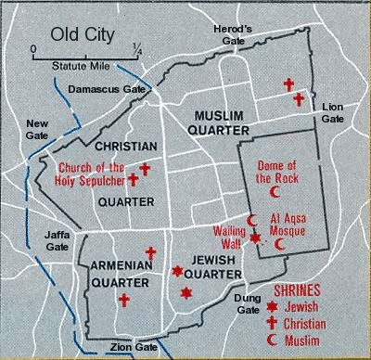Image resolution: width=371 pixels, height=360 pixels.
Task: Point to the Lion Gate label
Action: (332, 113)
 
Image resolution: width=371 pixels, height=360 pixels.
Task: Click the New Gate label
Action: (37, 129)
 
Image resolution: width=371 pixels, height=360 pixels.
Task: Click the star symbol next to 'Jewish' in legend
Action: (272, 306)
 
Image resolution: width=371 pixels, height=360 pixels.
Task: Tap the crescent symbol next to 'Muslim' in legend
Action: (272, 341)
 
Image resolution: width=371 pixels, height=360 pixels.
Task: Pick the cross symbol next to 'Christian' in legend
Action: (272, 323)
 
